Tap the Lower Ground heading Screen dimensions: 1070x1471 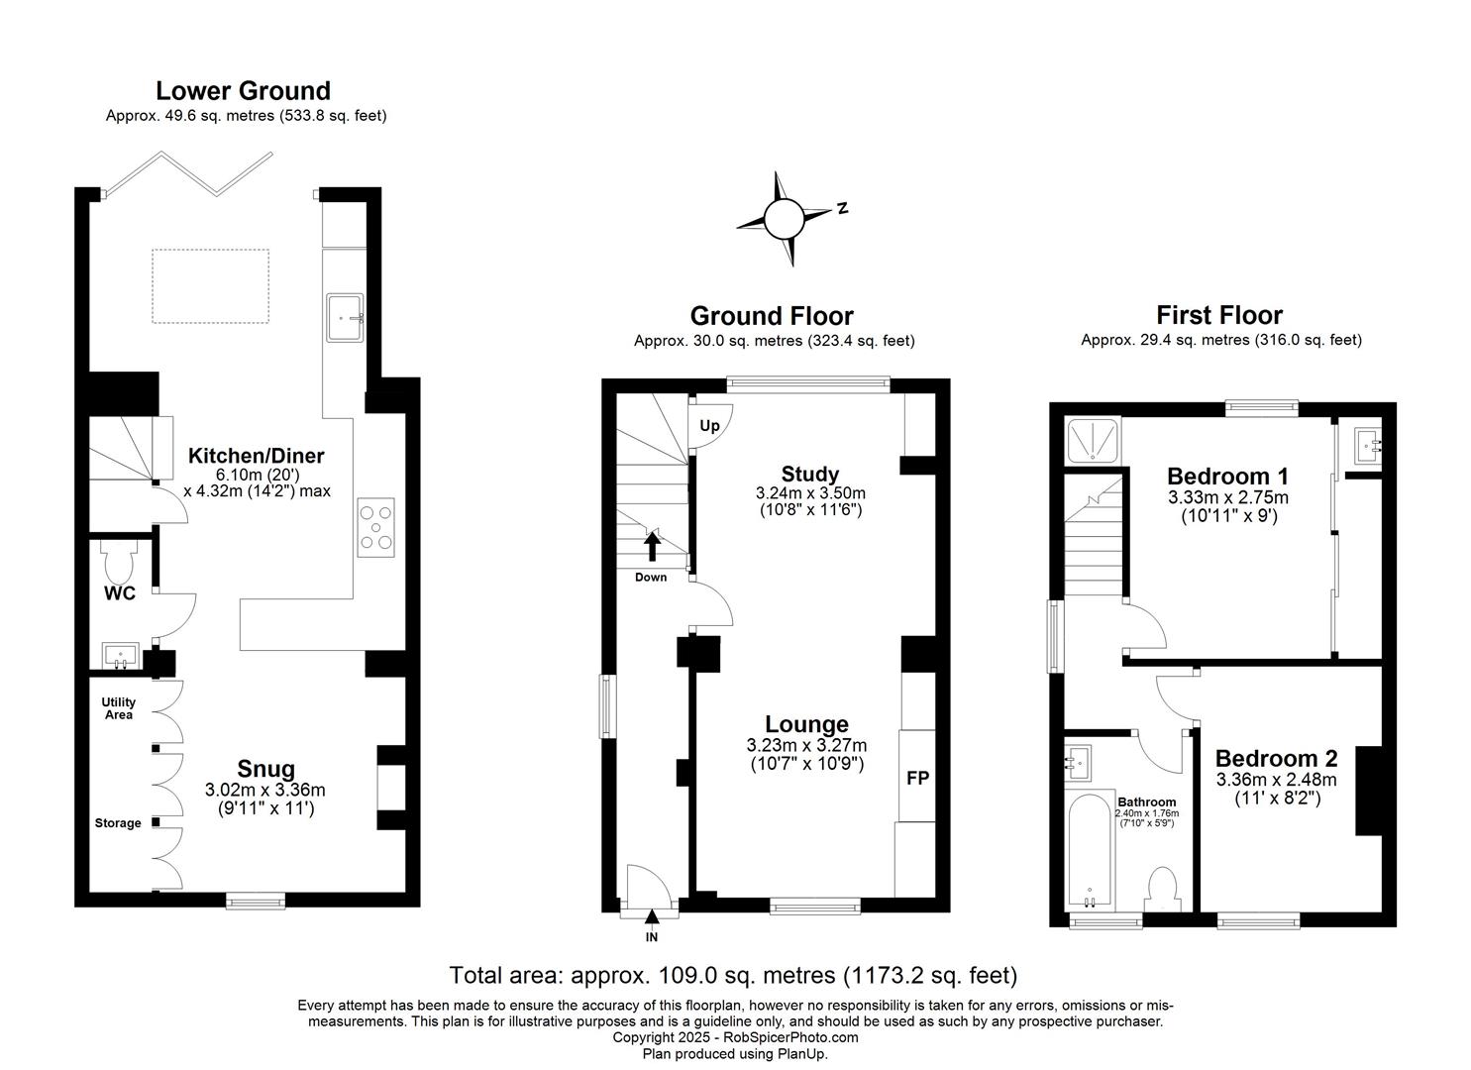(x=243, y=91)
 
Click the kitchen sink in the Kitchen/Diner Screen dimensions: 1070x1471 (x=344, y=318)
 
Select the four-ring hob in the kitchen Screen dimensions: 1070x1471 (x=375, y=527)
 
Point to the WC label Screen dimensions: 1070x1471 (x=121, y=593)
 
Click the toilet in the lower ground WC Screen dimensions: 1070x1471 (x=117, y=566)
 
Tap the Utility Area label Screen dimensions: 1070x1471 (x=118, y=708)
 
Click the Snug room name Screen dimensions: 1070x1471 (x=265, y=769)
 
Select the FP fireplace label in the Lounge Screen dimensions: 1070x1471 (x=917, y=778)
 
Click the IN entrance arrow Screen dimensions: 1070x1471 (x=651, y=919)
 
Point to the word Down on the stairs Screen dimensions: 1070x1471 (x=651, y=577)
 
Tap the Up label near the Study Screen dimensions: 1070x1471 (x=709, y=426)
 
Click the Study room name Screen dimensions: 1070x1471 (x=809, y=474)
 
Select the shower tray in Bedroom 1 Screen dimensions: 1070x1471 (x=1093, y=440)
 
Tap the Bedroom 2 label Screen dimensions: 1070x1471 (x=1276, y=759)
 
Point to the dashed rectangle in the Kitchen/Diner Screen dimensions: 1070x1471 (x=210, y=285)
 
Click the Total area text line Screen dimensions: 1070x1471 (x=733, y=975)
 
